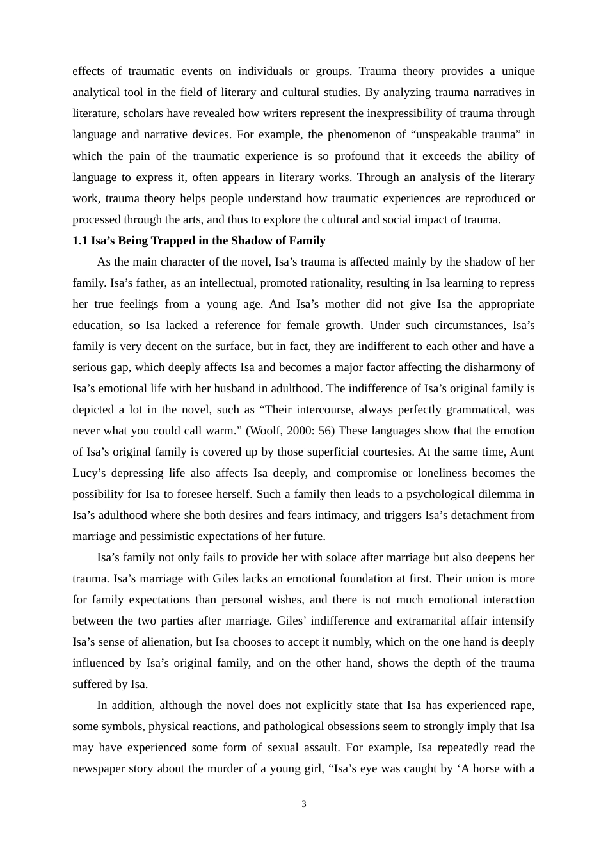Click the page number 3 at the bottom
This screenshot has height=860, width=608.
304,804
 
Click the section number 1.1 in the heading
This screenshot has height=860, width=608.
80,241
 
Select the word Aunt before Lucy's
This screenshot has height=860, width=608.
522,452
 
